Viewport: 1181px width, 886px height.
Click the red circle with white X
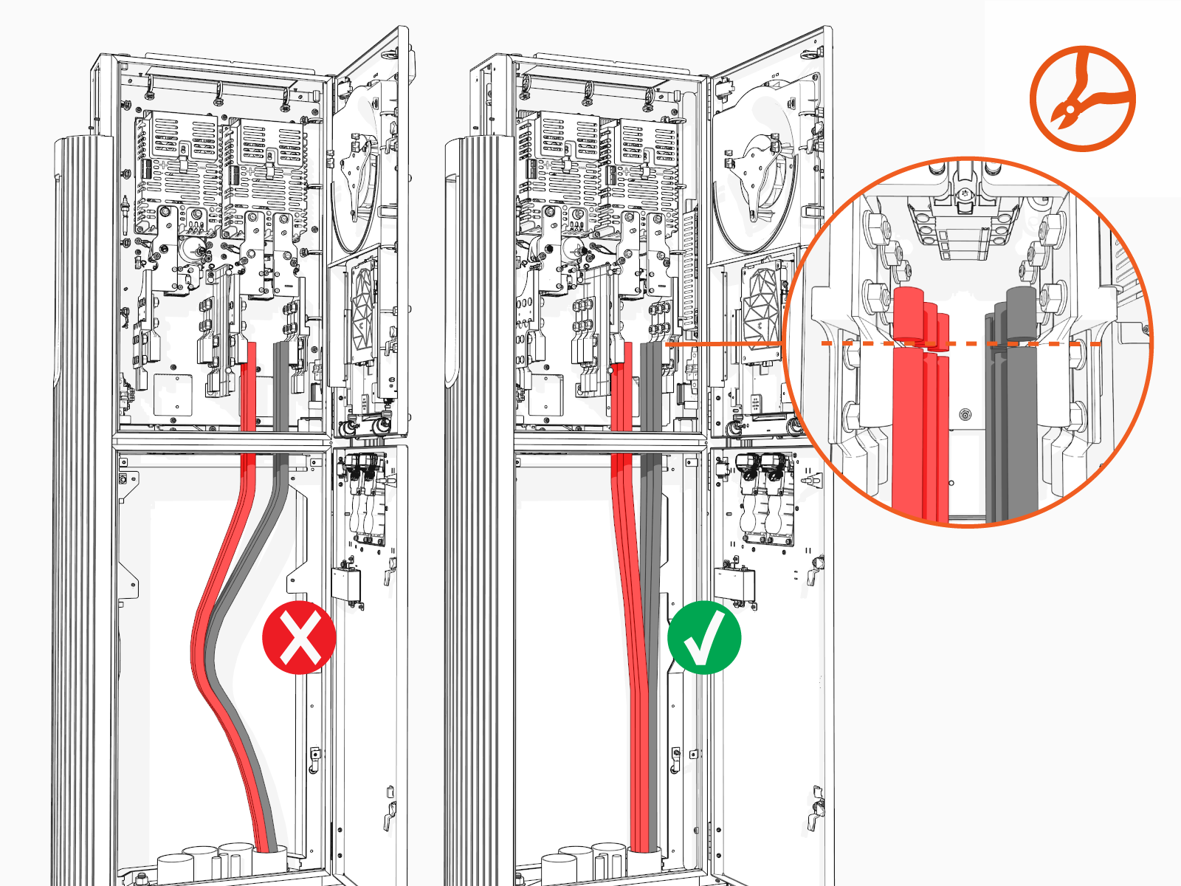299,637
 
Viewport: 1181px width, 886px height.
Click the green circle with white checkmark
703,637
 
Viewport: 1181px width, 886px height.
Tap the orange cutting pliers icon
1082,99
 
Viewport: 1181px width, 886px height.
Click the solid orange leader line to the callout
723,344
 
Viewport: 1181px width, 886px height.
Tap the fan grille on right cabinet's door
760,303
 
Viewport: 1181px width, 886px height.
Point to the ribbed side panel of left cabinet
81,517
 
